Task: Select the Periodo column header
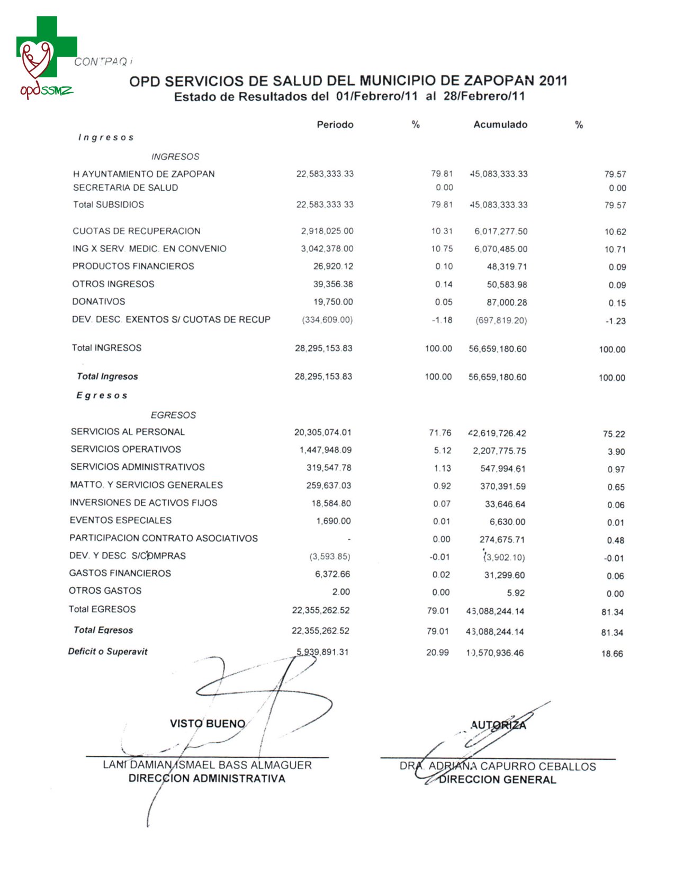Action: pos(335,124)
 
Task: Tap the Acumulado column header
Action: pos(500,124)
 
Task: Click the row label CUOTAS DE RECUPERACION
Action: pos(137,231)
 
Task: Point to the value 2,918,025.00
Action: pos(327,231)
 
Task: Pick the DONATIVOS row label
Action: pos(98,301)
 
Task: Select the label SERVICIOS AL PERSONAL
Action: pos(128,432)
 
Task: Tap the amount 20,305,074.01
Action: pos(322,432)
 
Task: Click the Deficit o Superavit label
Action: pos(107,651)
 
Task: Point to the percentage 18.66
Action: pos(612,654)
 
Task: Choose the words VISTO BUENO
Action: pos(208,724)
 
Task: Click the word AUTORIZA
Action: pos(498,725)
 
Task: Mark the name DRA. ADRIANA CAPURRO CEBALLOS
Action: pos(498,766)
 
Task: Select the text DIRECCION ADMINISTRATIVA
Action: pos(206,779)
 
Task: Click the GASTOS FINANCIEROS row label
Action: pos(120,573)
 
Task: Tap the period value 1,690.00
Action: pos(333,521)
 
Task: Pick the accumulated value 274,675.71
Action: pos(502,540)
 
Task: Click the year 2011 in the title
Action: pos(553,81)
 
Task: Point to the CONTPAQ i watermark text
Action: pos(103,62)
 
